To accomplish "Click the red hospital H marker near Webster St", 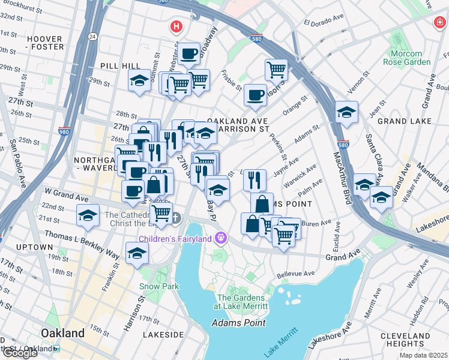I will (176, 26).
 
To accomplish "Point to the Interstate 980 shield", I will (64, 131).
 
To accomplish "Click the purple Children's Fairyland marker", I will (221, 239).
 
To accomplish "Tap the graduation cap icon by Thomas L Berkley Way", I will (137, 253).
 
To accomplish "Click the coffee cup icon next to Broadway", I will (188, 54).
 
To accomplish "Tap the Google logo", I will (19, 353).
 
